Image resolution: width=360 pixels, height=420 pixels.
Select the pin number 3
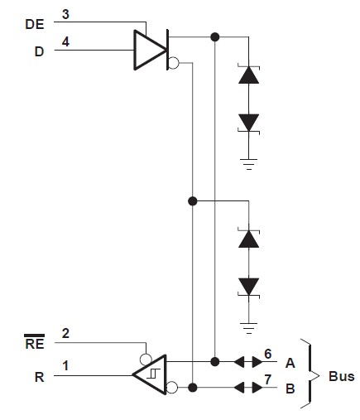65,14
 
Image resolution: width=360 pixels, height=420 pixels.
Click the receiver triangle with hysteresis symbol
150,374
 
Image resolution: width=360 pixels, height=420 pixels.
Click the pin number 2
65,334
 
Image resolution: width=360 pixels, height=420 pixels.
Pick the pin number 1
65,363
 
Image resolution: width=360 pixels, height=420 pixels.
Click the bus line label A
290,362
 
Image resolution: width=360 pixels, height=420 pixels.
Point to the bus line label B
290,388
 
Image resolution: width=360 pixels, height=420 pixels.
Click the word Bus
341,375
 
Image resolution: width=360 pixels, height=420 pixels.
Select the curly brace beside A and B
310,374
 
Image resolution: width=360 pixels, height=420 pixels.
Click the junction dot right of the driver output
215,36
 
